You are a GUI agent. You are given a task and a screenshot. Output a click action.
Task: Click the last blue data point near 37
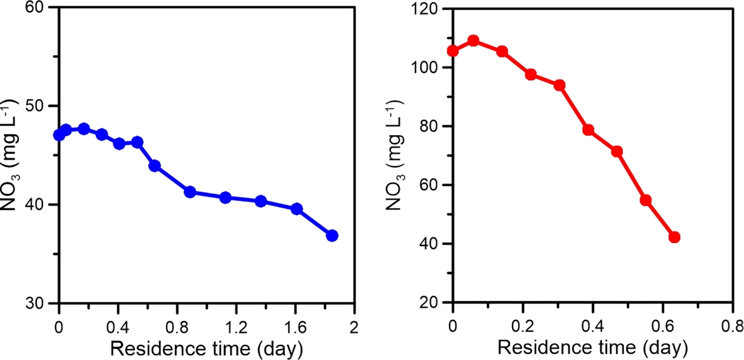(x=332, y=236)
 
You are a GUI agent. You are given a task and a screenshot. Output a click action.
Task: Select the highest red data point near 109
(x=474, y=41)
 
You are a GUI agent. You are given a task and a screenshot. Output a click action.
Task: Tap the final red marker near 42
(x=674, y=237)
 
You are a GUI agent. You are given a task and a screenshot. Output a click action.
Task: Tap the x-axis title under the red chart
(x=592, y=348)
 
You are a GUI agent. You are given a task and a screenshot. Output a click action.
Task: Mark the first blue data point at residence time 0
(x=59, y=135)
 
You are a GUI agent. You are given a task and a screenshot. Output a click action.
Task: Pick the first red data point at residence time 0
(x=453, y=51)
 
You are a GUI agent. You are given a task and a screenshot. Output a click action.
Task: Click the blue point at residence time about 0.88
(x=190, y=192)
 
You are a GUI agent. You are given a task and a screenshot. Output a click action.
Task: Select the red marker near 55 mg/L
(x=645, y=200)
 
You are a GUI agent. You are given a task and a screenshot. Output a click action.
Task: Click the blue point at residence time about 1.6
(x=297, y=209)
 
